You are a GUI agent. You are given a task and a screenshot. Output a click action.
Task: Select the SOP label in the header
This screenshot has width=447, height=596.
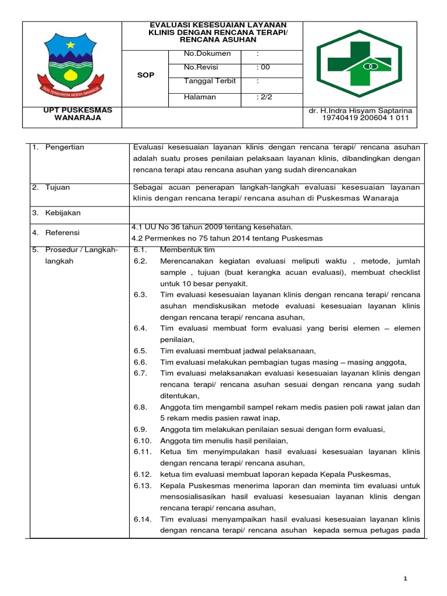point(145,76)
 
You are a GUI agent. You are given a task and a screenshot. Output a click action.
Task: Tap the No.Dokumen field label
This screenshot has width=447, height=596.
point(207,54)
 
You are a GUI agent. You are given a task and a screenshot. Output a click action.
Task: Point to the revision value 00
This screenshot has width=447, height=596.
point(264,68)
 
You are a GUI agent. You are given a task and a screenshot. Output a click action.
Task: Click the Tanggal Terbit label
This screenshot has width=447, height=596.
point(210,81)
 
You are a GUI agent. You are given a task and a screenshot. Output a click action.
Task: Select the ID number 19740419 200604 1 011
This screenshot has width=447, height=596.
point(366,118)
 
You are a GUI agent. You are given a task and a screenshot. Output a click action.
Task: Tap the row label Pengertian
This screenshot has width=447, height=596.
point(65,147)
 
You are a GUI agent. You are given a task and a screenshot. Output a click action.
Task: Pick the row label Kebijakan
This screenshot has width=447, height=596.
point(63,213)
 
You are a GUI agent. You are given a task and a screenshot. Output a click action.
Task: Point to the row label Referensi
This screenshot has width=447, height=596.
point(63,233)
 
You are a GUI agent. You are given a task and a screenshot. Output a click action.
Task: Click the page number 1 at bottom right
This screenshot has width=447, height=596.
point(407,578)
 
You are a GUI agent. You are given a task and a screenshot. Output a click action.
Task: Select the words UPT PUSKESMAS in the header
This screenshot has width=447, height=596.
point(71,110)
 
